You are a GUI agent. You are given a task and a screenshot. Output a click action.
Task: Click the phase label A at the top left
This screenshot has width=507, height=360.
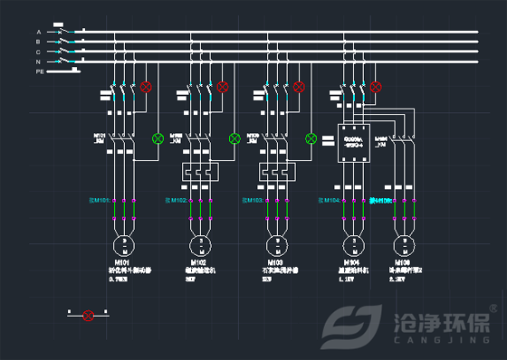(39, 33)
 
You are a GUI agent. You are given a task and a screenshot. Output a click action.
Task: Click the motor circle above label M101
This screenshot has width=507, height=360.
(123, 245)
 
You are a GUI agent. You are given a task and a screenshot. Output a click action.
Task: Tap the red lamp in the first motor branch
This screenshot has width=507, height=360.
(147, 87)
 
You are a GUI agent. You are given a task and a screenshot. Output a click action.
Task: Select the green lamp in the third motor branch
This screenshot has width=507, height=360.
(311, 138)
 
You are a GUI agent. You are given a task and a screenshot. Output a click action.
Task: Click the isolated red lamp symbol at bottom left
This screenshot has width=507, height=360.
(88, 315)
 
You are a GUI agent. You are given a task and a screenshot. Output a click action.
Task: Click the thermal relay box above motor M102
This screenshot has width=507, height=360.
(196, 172)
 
